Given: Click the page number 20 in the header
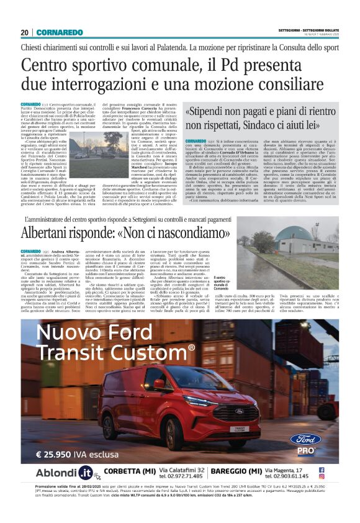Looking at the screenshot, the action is coord(25,32).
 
